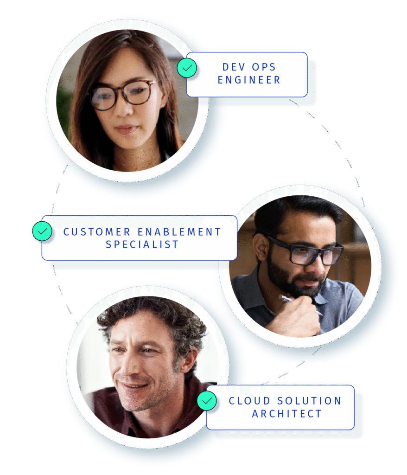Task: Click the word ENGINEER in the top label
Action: click(x=249, y=80)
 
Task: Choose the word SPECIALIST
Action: click(x=142, y=244)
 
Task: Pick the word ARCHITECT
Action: click(x=286, y=414)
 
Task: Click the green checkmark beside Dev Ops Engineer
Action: click(x=187, y=68)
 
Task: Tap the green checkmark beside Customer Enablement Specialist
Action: click(x=42, y=231)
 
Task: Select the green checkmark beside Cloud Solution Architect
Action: click(x=207, y=400)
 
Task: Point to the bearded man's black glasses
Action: click(x=306, y=251)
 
